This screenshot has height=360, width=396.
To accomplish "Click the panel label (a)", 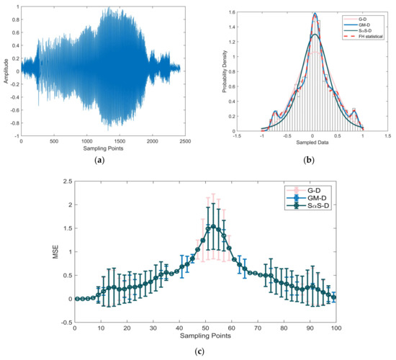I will click(100, 161).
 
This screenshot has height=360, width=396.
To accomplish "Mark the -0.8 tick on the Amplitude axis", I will click(14, 122).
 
